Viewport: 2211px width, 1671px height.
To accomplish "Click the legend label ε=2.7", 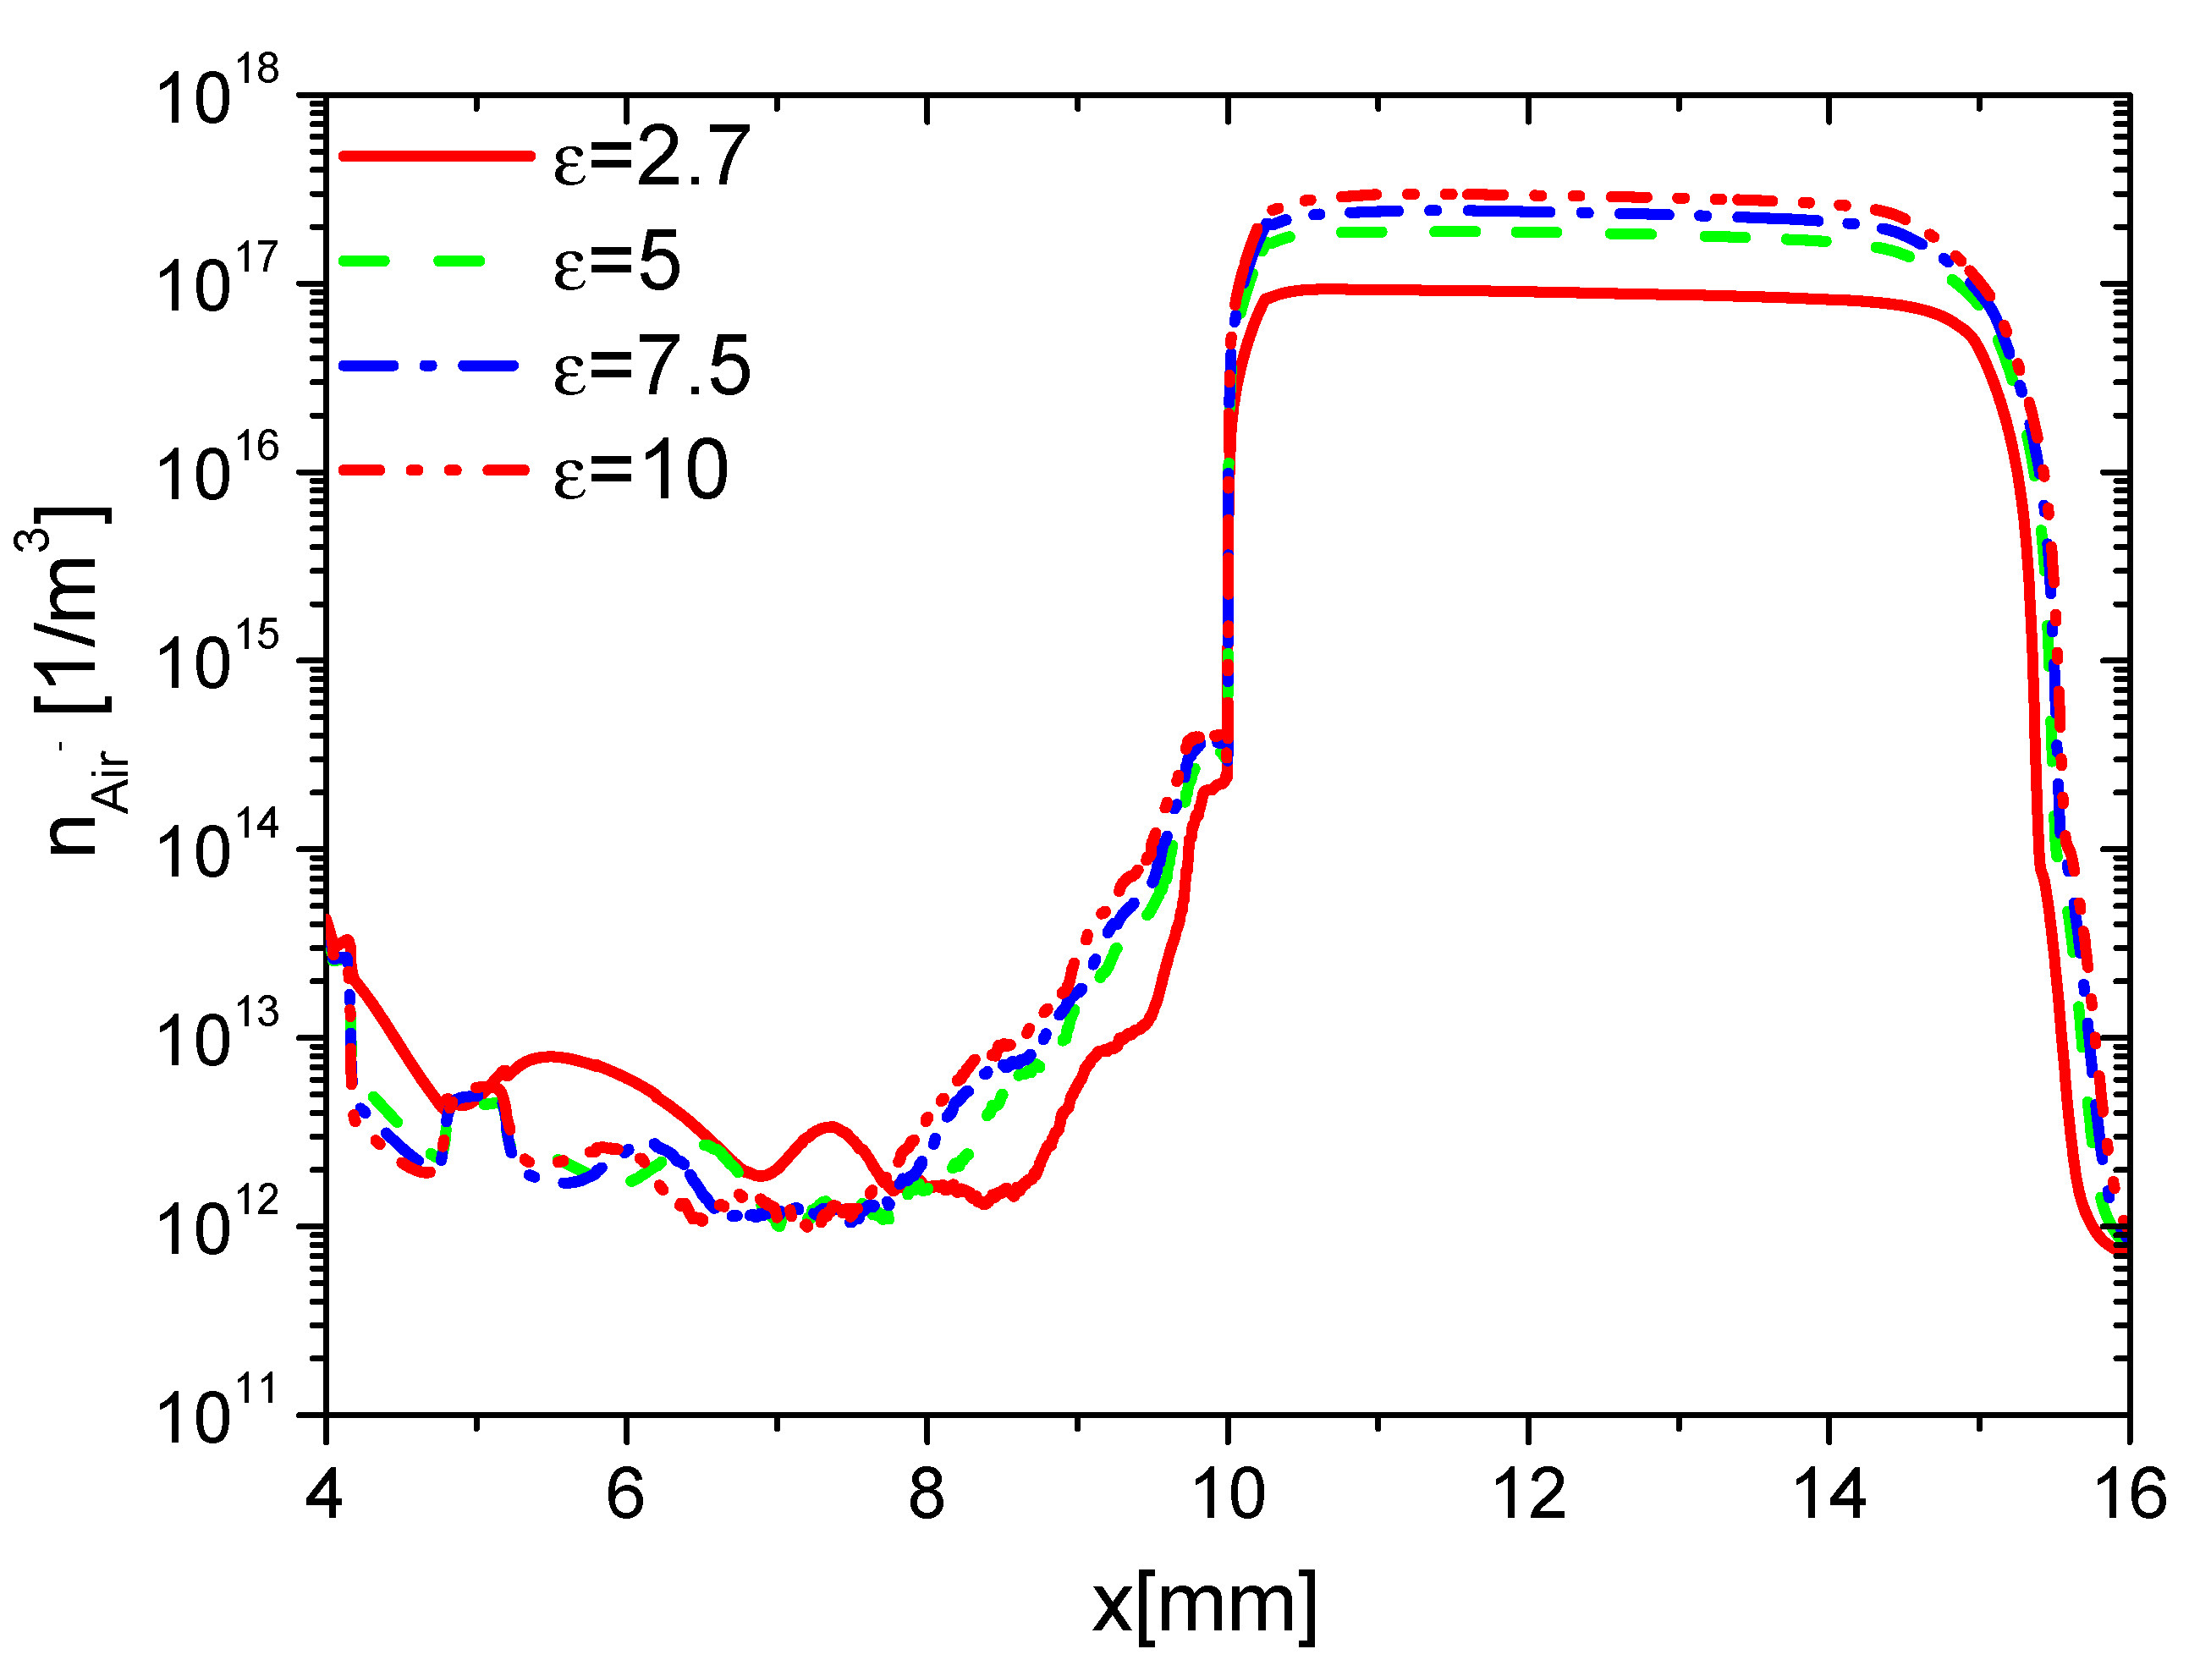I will pos(652,158).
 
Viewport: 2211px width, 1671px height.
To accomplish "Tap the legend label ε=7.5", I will pos(652,367).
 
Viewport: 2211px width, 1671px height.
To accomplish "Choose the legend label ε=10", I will pos(641,470).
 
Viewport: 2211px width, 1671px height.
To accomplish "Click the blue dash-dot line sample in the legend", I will pos(430,366).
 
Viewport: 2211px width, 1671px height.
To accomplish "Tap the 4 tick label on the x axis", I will pos(324,1496).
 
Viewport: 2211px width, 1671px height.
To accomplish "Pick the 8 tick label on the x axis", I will pos(927,1496).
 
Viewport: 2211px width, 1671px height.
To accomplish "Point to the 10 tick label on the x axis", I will pos(1229,1496).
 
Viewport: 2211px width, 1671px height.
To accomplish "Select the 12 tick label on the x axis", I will pos(1529,1496).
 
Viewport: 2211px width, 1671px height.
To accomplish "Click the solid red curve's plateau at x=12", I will pos(1529,292).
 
